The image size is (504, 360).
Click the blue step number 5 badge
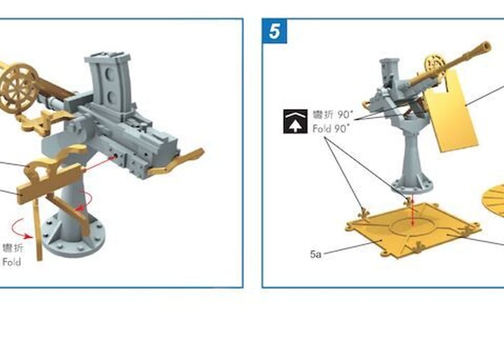coord(274,31)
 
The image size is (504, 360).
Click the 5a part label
coord(316,254)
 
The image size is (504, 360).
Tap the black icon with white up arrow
coord(295,121)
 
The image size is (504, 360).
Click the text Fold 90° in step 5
coord(331,129)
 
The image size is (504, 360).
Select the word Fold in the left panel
coord(11,262)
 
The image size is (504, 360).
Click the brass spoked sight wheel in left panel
coord(18,88)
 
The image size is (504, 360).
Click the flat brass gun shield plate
coord(451,111)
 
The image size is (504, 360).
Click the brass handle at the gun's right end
coord(175,162)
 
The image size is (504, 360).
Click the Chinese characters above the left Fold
coord(13,248)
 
